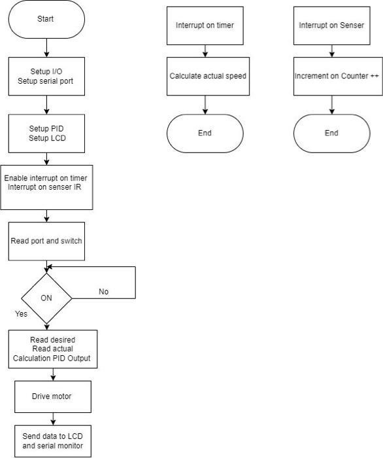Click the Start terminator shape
46,19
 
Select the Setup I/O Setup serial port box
46,76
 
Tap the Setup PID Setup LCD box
46,133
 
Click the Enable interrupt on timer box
45,186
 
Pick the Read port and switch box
46,240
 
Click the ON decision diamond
46,298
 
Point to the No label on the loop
103,292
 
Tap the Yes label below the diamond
22,314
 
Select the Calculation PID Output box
52,348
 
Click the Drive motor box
52,396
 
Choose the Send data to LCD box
52,441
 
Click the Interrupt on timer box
205,26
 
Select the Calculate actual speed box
207,77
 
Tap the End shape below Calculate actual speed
205,133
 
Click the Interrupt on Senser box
331,26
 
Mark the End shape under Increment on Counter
331,133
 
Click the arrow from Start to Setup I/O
46,48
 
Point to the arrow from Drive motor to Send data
52,419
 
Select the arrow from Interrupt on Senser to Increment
331,51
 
